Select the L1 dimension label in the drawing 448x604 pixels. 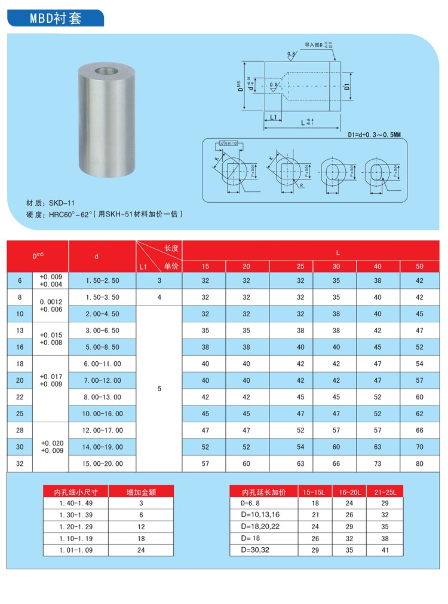[x=274, y=117]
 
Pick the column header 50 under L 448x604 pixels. [x=419, y=266]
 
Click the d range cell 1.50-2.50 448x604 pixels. [x=102, y=280]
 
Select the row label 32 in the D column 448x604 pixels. [x=19, y=463]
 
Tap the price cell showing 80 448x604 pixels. [x=419, y=463]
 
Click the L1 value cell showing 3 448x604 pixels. [x=159, y=280]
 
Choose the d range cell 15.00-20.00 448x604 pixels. [x=102, y=463]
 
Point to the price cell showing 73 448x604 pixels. [x=378, y=463]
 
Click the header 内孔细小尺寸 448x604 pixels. [x=72, y=492]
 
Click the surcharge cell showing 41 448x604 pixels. [x=385, y=550]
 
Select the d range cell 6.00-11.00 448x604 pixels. [x=102, y=364]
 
